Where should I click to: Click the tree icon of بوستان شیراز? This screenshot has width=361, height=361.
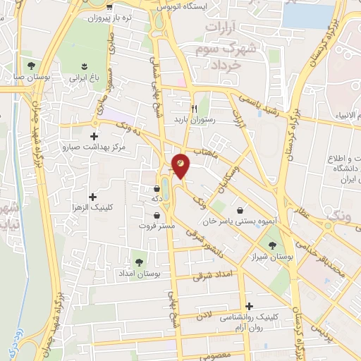pos(272,245)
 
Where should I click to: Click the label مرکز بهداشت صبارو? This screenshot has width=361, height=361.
pos(94,148)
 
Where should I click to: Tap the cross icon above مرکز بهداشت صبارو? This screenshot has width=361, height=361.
pos(94,136)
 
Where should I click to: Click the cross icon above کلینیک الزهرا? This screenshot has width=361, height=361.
pos(92,196)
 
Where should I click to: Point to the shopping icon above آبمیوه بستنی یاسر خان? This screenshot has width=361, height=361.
pos(241,209)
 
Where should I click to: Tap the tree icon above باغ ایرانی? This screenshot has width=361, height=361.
pos(75,67)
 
